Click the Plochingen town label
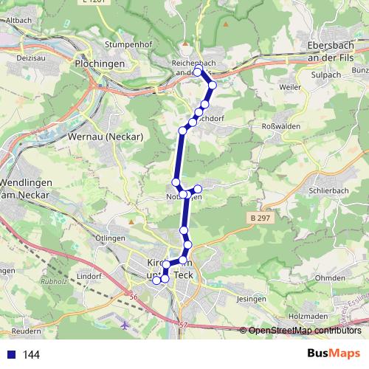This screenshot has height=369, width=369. tap(100, 64)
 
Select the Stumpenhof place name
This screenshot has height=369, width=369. tap(128, 44)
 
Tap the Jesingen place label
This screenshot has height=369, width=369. tap(252, 299)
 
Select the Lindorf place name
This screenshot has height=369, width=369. tap(89, 276)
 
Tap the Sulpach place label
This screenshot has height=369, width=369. tap(328, 75)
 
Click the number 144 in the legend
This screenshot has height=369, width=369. tap(31, 355)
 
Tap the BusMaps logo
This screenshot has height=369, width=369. tap(334, 354)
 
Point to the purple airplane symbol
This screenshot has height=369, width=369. tap(124, 323)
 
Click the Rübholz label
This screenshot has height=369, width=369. tap(54, 280)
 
